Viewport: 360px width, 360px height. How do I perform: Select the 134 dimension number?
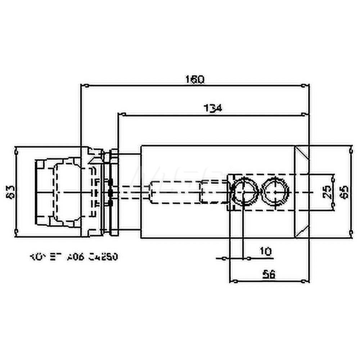point(213,108)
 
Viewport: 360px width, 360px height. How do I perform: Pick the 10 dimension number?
point(266,251)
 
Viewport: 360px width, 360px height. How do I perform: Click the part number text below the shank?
point(74,257)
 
